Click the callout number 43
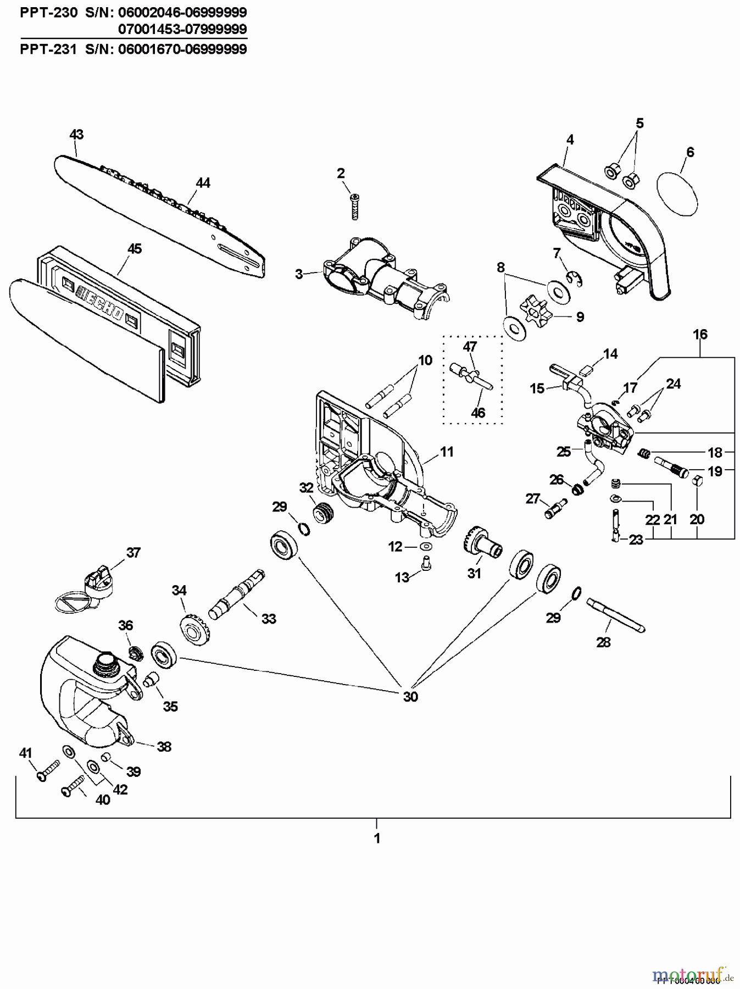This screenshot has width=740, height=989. [x=76, y=135]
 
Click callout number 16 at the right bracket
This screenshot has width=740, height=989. [x=700, y=335]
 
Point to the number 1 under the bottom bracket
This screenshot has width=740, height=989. [x=376, y=839]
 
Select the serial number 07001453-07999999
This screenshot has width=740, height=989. [x=182, y=29]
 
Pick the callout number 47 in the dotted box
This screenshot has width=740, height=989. [x=470, y=347]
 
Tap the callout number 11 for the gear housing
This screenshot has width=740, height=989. [x=447, y=452]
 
